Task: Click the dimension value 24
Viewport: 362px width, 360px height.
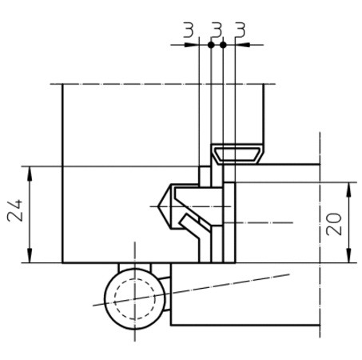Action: tap(14, 210)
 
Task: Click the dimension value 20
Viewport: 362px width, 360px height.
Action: tap(334, 224)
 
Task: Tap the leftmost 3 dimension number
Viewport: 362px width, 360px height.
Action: tap(189, 30)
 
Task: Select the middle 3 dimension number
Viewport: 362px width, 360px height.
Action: tap(217, 30)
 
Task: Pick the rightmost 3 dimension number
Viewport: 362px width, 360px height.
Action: tap(241, 30)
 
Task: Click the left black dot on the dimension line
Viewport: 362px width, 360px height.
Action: tap(211, 45)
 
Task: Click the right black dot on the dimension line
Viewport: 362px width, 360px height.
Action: tap(223, 45)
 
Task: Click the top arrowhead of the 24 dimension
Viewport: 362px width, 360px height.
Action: tap(30, 174)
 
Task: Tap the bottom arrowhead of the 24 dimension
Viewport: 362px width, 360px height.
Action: tap(30, 255)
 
